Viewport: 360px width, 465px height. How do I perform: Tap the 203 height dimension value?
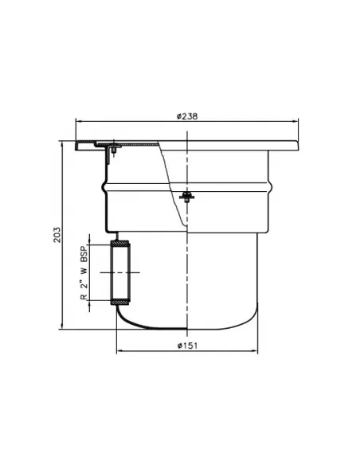(57, 237)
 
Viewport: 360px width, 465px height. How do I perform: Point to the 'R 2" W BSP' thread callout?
(83, 273)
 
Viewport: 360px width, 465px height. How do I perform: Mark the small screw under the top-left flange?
(115, 149)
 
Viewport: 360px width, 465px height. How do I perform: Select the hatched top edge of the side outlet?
(122, 242)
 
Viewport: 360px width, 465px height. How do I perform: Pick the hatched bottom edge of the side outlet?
(122, 303)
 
